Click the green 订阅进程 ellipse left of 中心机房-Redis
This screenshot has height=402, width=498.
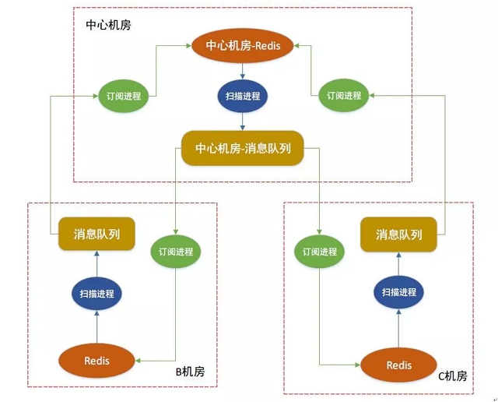124,96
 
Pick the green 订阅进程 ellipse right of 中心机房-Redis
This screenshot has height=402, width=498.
344,96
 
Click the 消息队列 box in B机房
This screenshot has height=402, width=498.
96,234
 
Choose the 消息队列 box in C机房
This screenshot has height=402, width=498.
399,234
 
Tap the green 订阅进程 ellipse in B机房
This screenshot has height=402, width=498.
175,252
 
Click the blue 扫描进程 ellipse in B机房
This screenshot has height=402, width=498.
96,293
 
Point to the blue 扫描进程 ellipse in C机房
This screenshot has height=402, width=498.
399,292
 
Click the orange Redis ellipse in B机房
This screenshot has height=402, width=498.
96,361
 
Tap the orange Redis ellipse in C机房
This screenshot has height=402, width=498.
399,365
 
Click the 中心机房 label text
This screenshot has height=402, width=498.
108,24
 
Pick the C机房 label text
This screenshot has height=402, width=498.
453,376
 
